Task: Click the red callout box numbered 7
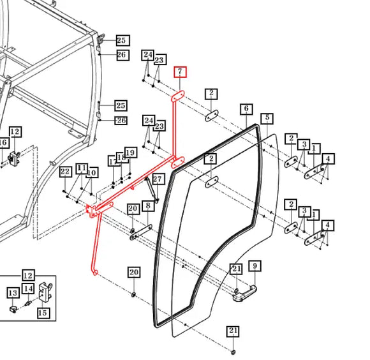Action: coord(181,71)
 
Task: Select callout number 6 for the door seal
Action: coord(246,109)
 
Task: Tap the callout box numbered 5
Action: coord(267,119)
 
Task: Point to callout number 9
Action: coord(255,266)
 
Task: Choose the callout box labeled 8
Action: coord(148,206)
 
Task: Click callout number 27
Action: coord(158,179)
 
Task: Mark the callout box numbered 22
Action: coord(65,172)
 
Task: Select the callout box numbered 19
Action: coord(131,153)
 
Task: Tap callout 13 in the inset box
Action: coord(13,293)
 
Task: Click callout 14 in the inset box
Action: coord(28,289)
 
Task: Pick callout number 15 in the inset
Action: coord(43,313)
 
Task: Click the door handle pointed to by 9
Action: coord(244,294)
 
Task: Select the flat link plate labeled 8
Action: coord(141,232)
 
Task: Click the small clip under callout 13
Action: coord(13,309)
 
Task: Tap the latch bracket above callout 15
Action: coord(45,292)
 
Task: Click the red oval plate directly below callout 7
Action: coord(178,96)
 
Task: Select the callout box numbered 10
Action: coord(92,173)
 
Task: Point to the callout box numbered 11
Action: coord(82,169)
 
